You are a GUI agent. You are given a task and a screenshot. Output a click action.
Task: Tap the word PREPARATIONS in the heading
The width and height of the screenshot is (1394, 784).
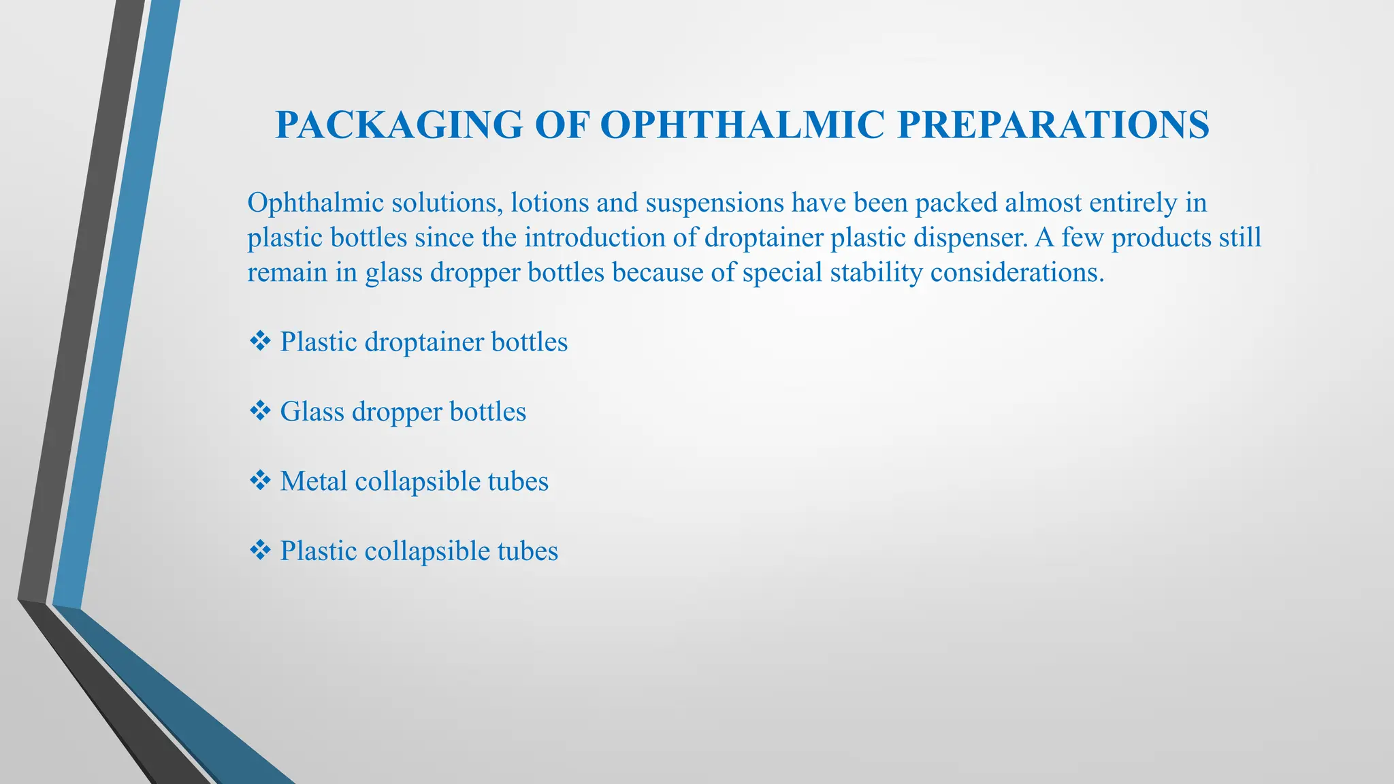(1053, 125)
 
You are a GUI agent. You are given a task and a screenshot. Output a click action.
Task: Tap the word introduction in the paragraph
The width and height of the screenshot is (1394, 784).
(608, 238)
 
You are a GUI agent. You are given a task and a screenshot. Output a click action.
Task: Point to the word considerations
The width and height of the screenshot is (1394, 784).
(1017, 272)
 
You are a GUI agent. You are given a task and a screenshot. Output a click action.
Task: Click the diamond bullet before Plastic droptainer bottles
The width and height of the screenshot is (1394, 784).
(260, 341)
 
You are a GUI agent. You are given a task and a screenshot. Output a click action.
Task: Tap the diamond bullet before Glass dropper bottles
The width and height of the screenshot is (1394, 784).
(260, 411)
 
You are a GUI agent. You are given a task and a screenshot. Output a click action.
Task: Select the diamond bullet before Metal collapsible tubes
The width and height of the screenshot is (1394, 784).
(260, 481)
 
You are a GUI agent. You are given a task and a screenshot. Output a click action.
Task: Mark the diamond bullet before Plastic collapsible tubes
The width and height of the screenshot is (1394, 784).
(260, 551)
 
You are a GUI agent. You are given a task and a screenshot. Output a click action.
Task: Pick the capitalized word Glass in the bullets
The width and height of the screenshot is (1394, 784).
(312, 411)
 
